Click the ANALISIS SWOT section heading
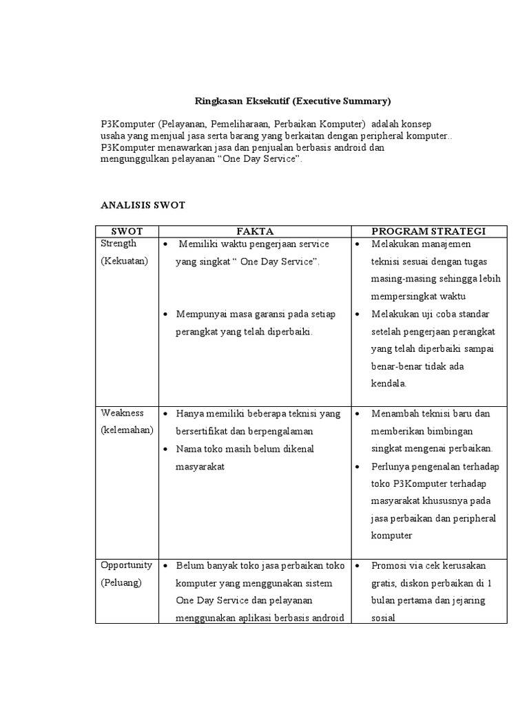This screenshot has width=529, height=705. point(143,205)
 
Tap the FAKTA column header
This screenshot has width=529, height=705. point(255,231)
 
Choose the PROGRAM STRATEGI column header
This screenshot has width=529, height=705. point(428,231)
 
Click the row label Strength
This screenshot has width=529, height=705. point(118,244)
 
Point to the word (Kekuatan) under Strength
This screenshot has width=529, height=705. point(124,261)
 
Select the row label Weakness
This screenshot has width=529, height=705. point(122,413)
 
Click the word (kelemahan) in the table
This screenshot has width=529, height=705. point(127,430)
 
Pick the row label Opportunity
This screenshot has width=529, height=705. point(126,565)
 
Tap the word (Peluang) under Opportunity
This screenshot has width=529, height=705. point(121,582)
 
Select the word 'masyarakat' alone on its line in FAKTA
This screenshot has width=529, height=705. point(200,466)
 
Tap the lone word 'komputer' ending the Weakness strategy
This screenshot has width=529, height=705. point(391,535)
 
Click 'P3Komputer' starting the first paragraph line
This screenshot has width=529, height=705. point(126,124)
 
